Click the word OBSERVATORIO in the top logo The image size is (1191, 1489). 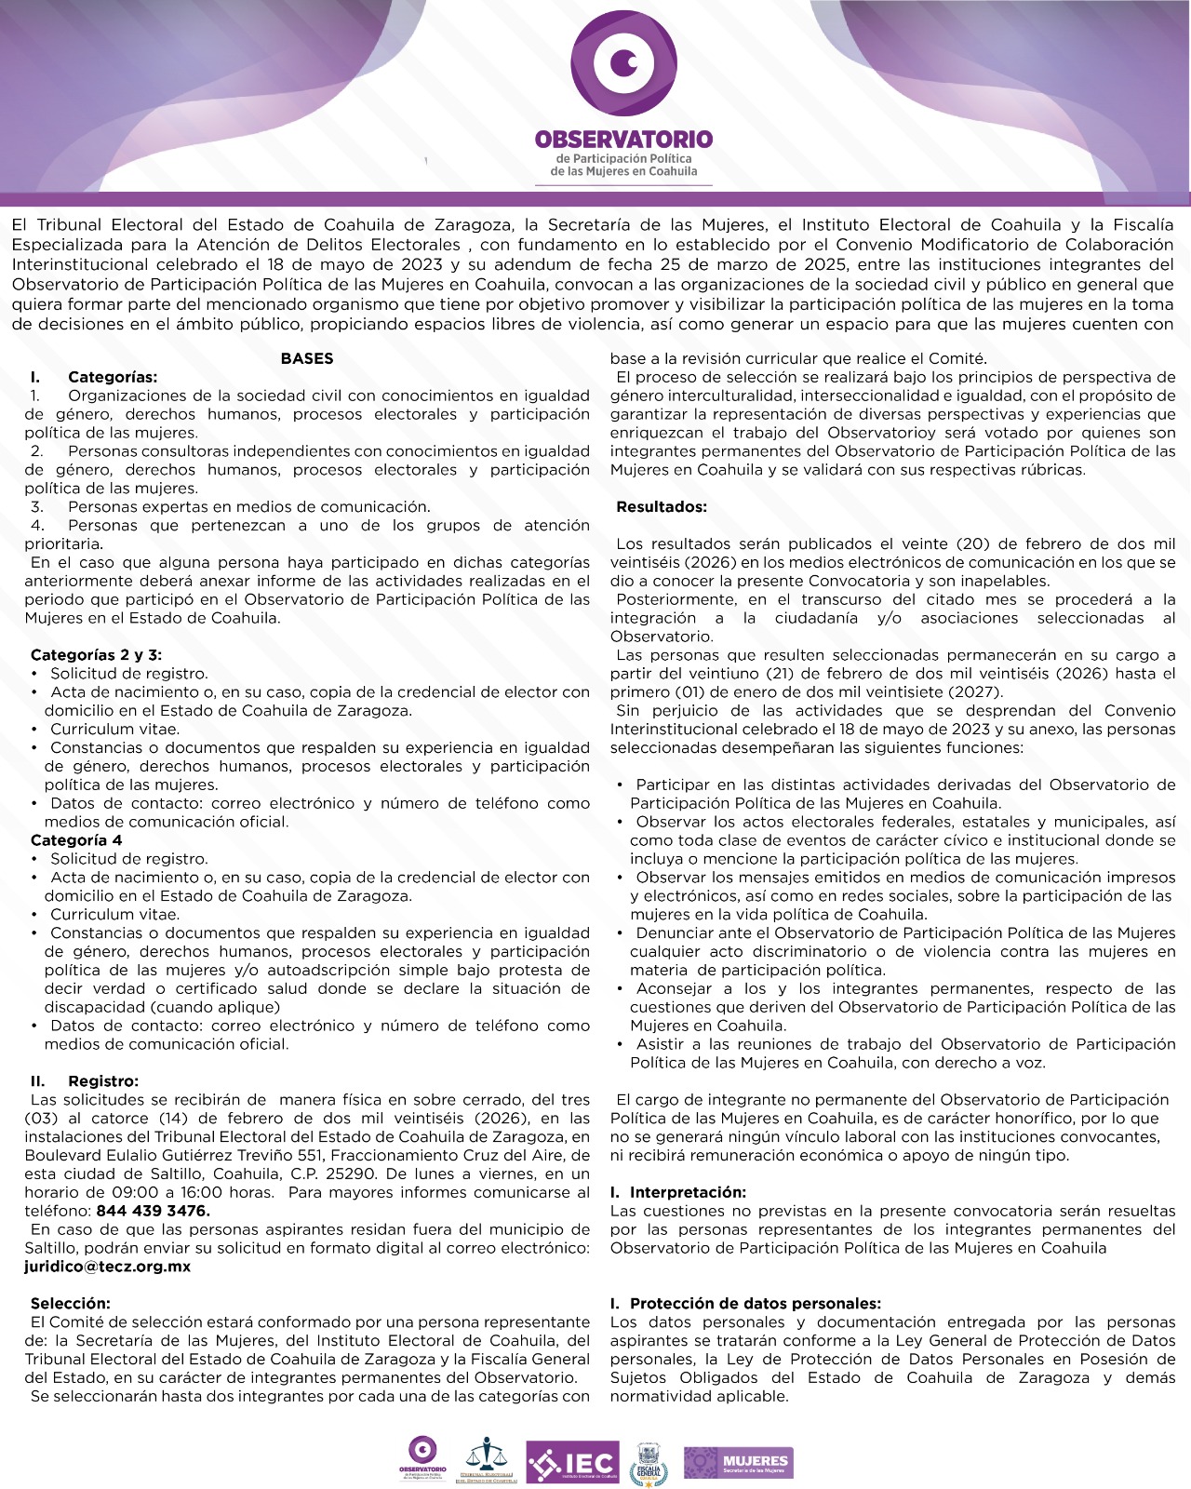click(x=623, y=140)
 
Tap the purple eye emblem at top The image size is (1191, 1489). click(x=623, y=63)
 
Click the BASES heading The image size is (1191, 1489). click(x=307, y=358)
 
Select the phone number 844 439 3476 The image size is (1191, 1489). click(x=153, y=1211)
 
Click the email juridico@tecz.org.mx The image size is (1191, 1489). click(x=107, y=1267)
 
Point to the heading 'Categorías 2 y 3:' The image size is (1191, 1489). click(x=96, y=655)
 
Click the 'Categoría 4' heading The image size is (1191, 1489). click(x=76, y=840)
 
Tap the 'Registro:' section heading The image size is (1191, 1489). click(x=102, y=1081)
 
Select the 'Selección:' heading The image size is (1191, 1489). click(x=70, y=1304)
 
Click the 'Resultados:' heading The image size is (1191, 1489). click(x=662, y=507)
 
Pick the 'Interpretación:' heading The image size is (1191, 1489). click(x=688, y=1192)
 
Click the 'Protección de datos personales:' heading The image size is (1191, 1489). click(x=755, y=1304)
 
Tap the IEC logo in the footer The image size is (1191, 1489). click(x=572, y=1462)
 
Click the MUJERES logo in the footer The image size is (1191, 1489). click(x=738, y=1462)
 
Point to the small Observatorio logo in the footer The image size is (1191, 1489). click(x=422, y=1459)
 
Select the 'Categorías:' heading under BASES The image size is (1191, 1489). click(x=113, y=377)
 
